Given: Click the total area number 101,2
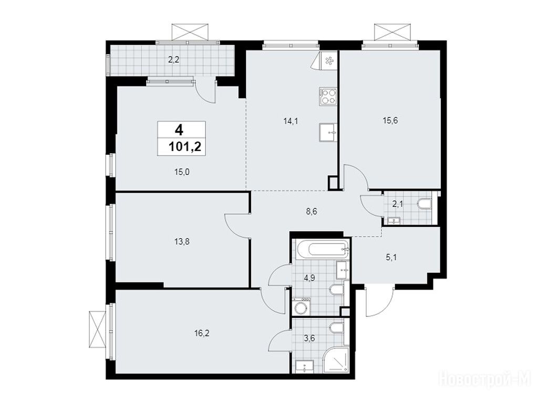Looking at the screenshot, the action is (x=184, y=147).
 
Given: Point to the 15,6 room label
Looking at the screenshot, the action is (x=390, y=120).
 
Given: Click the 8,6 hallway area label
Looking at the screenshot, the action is (x=311, y=211).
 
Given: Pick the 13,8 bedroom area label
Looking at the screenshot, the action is (x=182, y=242).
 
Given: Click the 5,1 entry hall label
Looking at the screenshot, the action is (x=391, y=257).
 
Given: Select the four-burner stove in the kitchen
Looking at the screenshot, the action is (x=328, y=96).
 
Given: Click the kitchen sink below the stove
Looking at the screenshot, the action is (x=328, y=132).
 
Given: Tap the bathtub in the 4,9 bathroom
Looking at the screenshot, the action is (x=323, y=248).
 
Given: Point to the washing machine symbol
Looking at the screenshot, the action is (x=302, y=306).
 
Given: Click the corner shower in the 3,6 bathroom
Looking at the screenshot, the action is (x=336, y=360).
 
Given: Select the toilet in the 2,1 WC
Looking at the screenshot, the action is (x=424, y=204).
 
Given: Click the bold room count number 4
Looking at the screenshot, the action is (x=179, y=130).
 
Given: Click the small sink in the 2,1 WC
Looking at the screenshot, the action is (x=394, y=221).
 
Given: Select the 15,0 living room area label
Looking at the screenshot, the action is (x=182, y=172).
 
